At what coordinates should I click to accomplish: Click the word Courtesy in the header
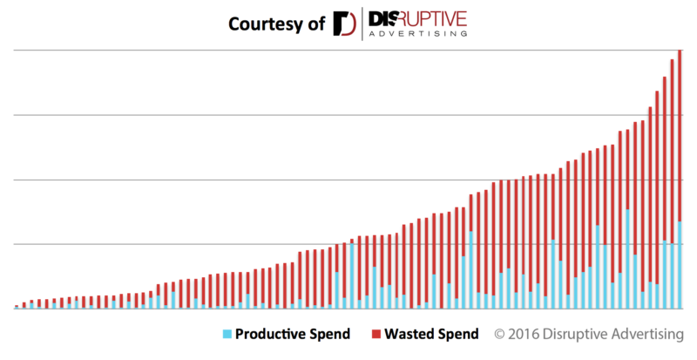coord(261,23)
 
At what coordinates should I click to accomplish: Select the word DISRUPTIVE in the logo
coord(417,17)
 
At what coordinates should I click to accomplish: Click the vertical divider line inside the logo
coord(361,23)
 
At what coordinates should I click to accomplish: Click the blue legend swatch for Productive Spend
coord(228,335)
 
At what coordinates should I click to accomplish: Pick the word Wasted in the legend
coord(412,335)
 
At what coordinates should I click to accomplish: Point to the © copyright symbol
coord(501,335)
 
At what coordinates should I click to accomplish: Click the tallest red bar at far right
coord(679,131)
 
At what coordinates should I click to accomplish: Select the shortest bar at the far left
coord(17,307)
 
